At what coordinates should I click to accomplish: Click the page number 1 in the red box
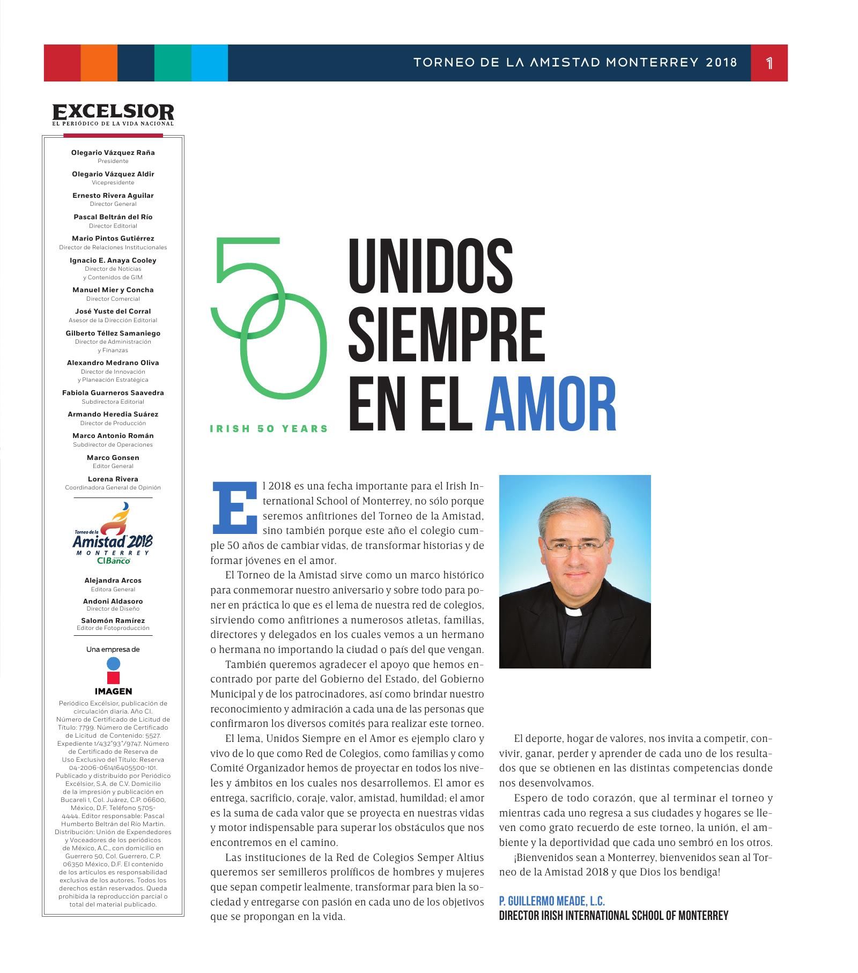769,63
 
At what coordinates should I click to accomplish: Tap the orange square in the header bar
99,63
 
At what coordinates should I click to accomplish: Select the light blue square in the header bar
209,63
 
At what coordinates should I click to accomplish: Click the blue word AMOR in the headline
551,404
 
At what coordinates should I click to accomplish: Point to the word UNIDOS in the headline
431,264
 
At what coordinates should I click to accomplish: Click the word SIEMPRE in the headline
447,334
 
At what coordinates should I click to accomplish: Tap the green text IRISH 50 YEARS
269,428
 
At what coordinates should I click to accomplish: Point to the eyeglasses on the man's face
575,548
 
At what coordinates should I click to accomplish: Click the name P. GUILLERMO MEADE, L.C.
551,901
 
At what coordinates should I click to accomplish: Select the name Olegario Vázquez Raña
113,153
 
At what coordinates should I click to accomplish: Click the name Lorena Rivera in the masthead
113,479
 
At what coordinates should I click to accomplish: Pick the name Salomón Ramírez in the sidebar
113,621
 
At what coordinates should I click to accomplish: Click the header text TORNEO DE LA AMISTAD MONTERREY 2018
575,63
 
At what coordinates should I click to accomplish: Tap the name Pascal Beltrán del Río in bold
113,217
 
